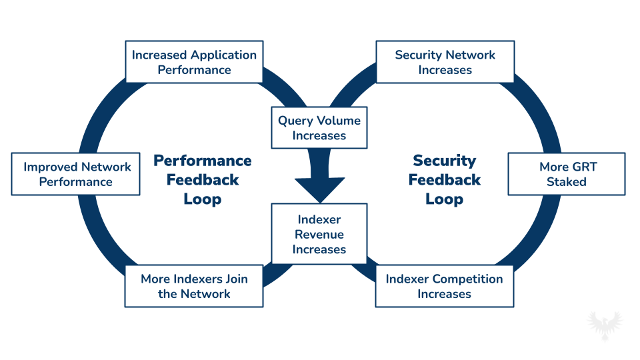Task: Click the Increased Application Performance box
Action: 194,63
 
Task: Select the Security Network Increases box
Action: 445,63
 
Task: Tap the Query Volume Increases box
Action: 319,128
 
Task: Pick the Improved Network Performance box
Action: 76,174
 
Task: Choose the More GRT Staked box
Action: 567,174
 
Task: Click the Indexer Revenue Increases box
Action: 319,235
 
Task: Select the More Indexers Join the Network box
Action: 194,286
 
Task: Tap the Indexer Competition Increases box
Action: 445,286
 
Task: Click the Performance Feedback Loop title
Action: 203,180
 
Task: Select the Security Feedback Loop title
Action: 445,180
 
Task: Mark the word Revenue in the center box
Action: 319,235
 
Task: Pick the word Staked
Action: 567,182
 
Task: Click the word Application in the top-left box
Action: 223,55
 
